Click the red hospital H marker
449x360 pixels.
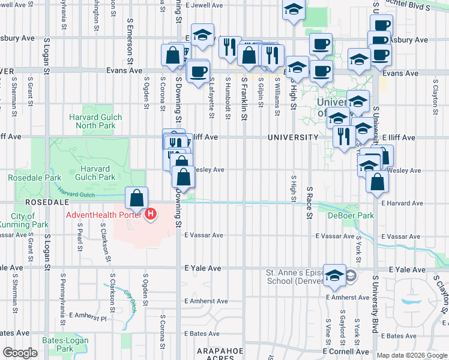tap(151, 214)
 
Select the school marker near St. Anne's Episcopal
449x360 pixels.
tap(335, 274)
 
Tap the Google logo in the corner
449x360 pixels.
tap(20, 353)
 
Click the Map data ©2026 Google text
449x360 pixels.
tap(412, 355)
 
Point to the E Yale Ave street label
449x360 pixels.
tap(203, 268)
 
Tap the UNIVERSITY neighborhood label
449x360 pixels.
tap(293, 137)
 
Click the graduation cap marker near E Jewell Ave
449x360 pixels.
tap(294, 10)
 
